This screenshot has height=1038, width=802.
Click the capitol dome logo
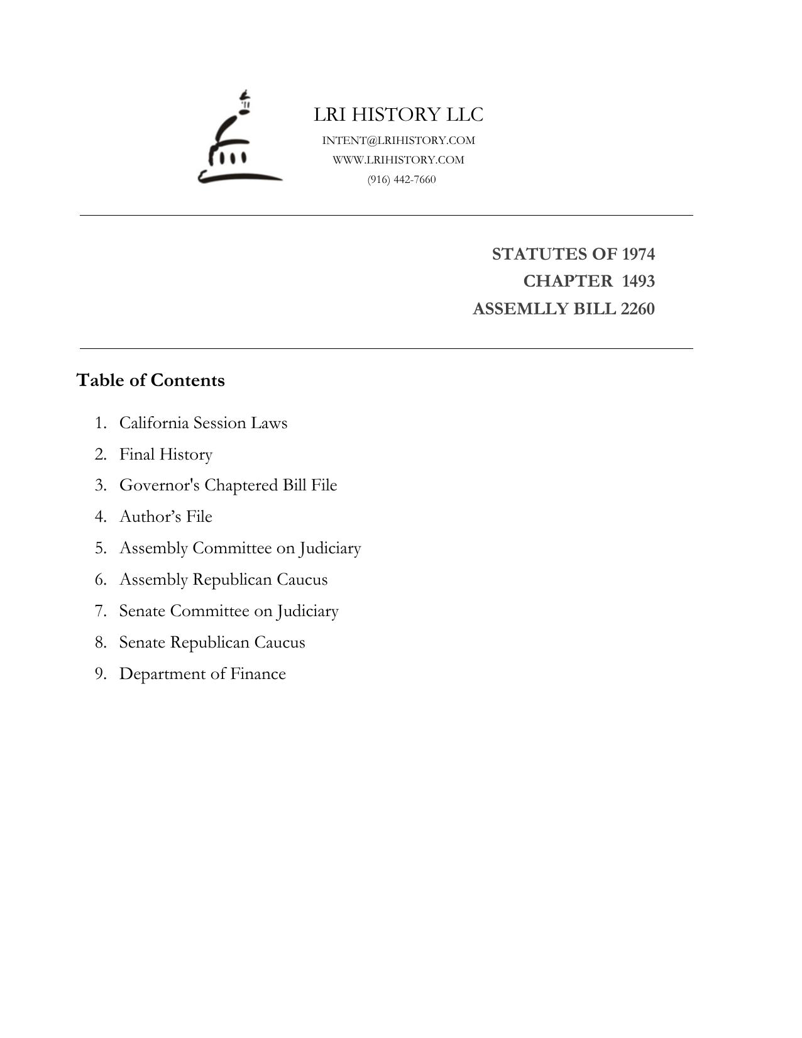239,140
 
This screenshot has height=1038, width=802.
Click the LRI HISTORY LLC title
398,114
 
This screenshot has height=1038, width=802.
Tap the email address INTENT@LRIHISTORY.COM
398,140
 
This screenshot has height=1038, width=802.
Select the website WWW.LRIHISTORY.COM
398,160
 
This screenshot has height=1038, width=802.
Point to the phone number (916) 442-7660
402,180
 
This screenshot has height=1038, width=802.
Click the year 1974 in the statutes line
638,254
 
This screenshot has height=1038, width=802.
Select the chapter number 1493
638,281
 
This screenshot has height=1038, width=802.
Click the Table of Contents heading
150,380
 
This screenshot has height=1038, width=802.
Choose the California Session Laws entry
203,422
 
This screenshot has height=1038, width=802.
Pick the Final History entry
166,454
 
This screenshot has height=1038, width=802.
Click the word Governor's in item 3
159,485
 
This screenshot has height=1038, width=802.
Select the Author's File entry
166,517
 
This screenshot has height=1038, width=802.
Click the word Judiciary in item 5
330,548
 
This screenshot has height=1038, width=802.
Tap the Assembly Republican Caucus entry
223,580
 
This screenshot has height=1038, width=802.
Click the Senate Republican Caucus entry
212,643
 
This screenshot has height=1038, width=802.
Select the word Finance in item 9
258,674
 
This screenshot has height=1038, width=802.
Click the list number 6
101,580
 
